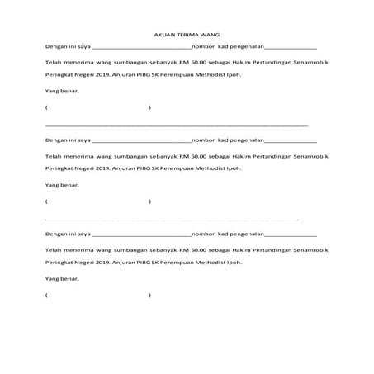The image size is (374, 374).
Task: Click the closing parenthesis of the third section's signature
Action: point(149,295)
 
